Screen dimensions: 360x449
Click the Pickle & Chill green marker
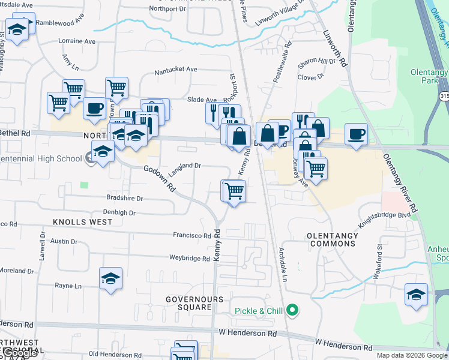click(292, 310)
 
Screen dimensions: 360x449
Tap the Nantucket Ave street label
click(176, 70)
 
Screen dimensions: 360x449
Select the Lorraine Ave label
click(77, 41)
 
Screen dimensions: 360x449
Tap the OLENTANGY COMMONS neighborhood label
click(332, 239)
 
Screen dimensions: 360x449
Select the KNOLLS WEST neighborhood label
click(83, 222)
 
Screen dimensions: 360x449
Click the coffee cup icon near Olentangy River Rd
click(357, 134)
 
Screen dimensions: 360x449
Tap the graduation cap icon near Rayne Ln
click(110, 278)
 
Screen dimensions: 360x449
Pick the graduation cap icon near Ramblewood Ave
click(17, 28)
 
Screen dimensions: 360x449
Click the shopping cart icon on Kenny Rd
click(234, 191)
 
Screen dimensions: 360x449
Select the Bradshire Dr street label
click(125, 198)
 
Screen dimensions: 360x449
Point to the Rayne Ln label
click(68, 286)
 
